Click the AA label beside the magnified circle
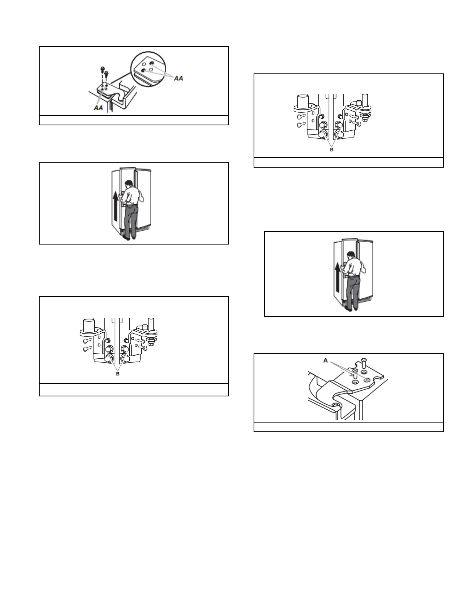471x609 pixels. pos(178,78)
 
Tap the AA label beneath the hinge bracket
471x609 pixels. pos(99,108)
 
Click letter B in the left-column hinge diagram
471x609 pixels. pos(118,373)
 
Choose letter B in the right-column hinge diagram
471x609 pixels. pos(332,150)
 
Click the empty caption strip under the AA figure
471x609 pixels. pos(134,120)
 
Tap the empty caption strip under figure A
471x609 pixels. pos(348,427)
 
